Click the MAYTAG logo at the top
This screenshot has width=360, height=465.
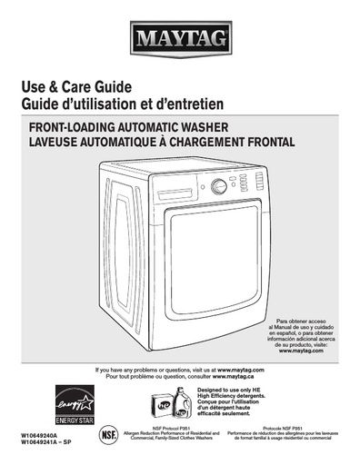click(x=180, y=38)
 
